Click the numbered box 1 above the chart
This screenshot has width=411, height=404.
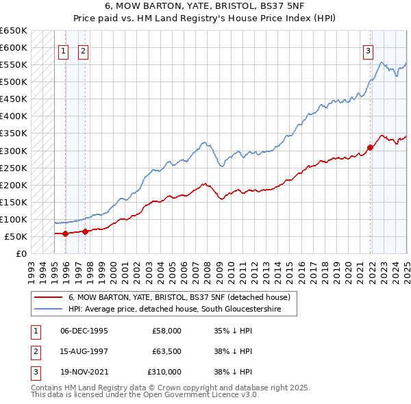pyautogui.click(x=63, y=50)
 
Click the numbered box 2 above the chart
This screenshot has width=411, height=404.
pyautogui.click(x=83, y=50)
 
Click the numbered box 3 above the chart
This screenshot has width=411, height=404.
pyautogui.click(x=368, y=50)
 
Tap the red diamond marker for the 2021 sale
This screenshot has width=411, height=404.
pyautogui.click(x=370, y=147)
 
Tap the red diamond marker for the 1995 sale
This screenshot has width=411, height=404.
pyautogui.click(x=65, y=233)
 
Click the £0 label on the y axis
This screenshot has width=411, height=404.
pyautogui.click(x=21, y=253)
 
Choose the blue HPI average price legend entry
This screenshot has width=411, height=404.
pyautogui.click(x=183, y=310)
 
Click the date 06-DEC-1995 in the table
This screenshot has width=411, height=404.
pyautogui.click(x=84, y=331)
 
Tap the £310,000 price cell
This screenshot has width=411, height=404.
pyautogui.click(x=164, y=372)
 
